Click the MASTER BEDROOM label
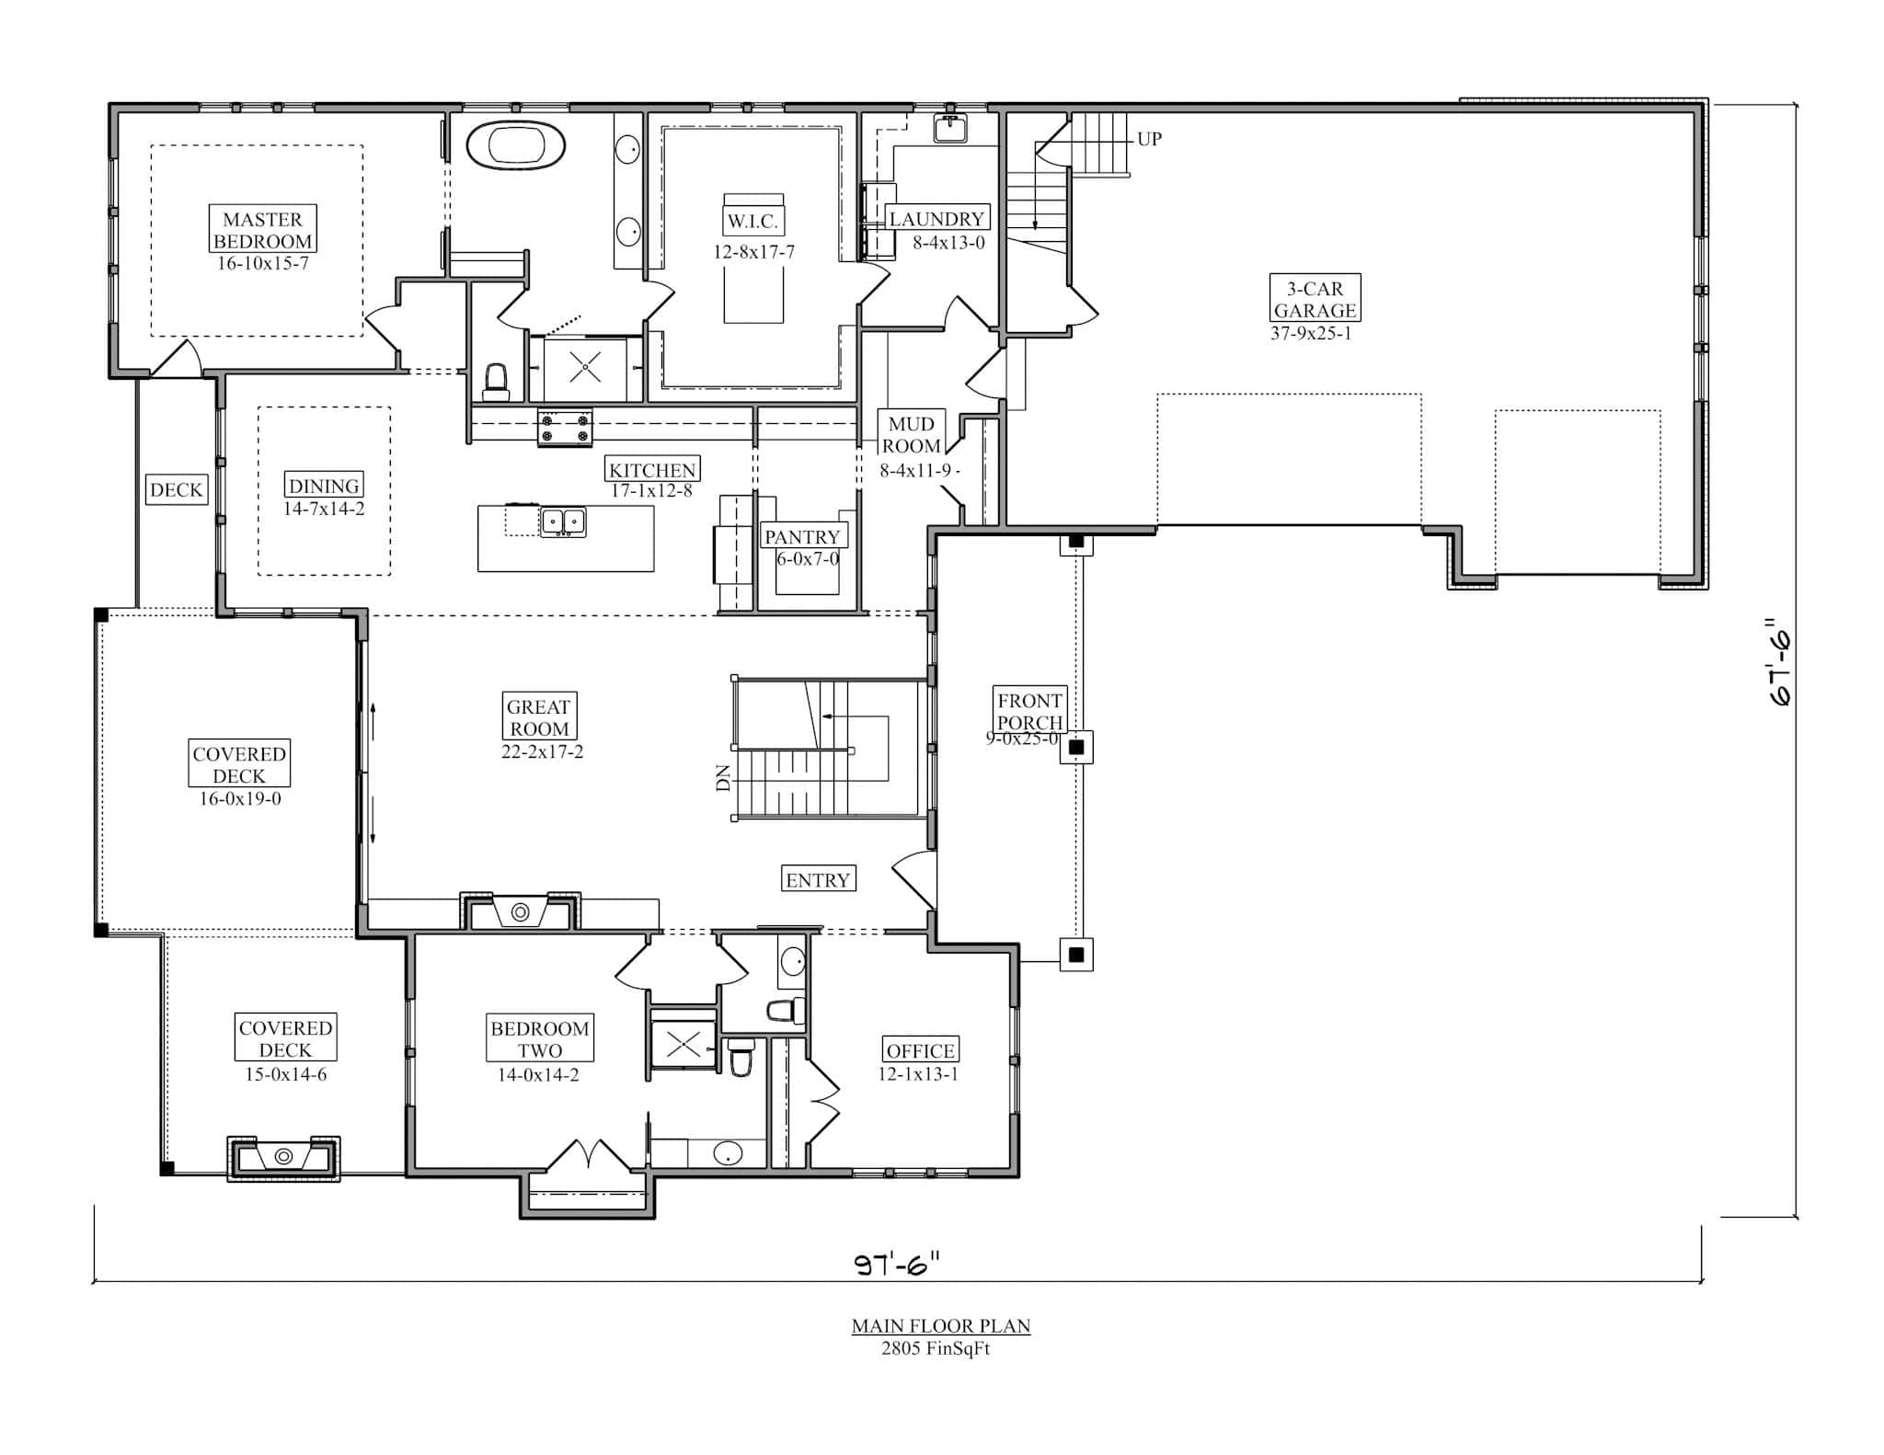(x=263, y=230)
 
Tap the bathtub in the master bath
(x=515, y=146)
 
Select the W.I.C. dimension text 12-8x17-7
(x=753, y=252)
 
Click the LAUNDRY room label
(x=936, y=219)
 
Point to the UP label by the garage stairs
(x=1149, y=140)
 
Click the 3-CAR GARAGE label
(x=1314, y=300)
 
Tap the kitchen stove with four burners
(x=565, y=429)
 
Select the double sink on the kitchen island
(x=562, y=521)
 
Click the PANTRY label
(x=802, y=537)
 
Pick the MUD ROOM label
(x=911, y=435)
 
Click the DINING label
(x=324, y=486)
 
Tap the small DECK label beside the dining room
(x=176, y=490)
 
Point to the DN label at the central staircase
(x=723, y=778)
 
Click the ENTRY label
(x=817, y=880)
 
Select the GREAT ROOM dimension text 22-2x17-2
(x=541, y=751)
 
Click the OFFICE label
(x=920, y=1051)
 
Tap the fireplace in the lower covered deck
(x=284, y=1157)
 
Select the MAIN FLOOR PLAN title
(x=940, y=1326)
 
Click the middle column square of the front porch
(x=1076, y=747)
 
